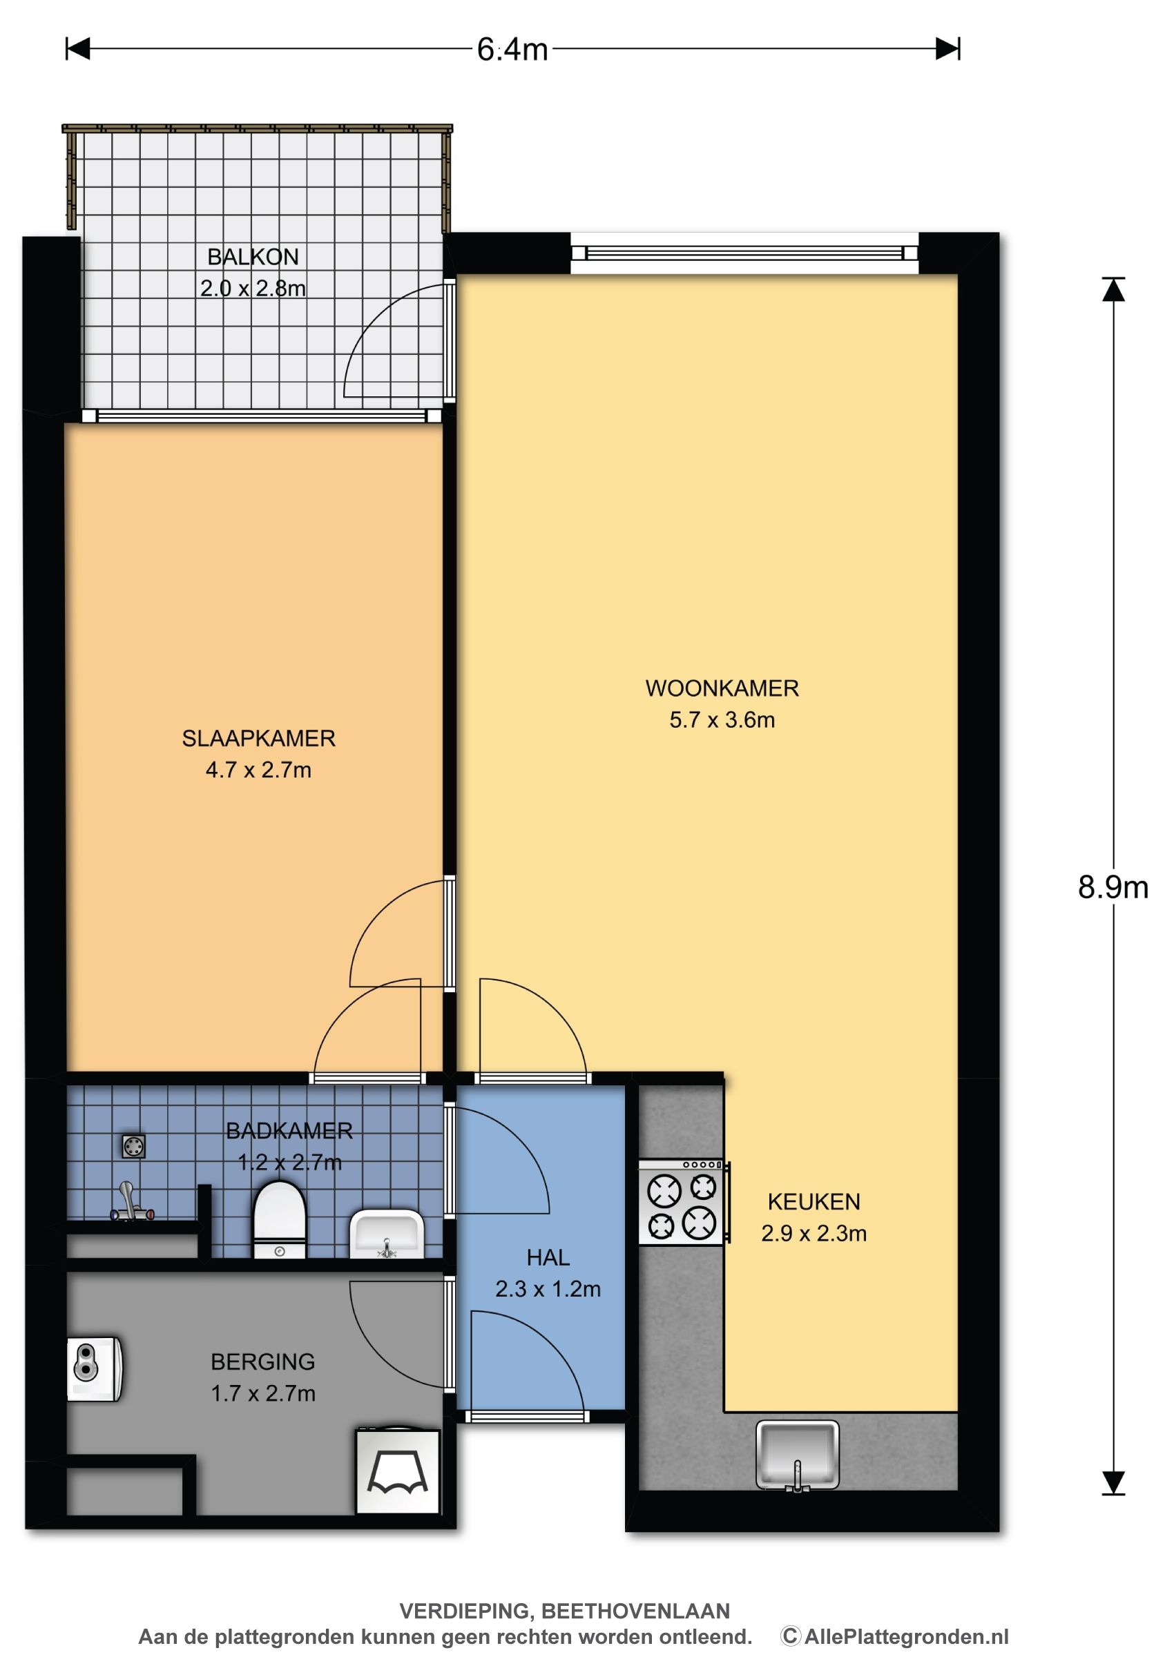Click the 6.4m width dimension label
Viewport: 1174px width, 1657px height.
[x=512, y=49]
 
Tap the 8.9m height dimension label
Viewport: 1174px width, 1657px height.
[x=1113, y=887]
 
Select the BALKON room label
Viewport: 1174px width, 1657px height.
[x=253, y=257]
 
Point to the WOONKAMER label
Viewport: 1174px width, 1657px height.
[x=722, y=688]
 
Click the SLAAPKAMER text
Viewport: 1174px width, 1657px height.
[x=259, y=738]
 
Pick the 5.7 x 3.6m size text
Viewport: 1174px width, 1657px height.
[x=722, y=719]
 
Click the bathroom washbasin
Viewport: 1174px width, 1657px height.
[x=387, y=1235]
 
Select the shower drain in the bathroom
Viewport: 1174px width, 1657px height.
[x=133, y=1147]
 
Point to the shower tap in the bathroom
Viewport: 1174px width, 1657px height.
[x=130, y=1203]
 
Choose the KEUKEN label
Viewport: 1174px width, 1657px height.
[x=814, y=1202]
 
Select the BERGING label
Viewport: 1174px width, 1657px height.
[x=263, y=1362]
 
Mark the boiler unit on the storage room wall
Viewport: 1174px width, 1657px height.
[x=95, y=1369]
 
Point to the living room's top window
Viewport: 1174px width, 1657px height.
[x=744, y=253]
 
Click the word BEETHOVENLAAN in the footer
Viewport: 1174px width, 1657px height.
[x=635, y=1611]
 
